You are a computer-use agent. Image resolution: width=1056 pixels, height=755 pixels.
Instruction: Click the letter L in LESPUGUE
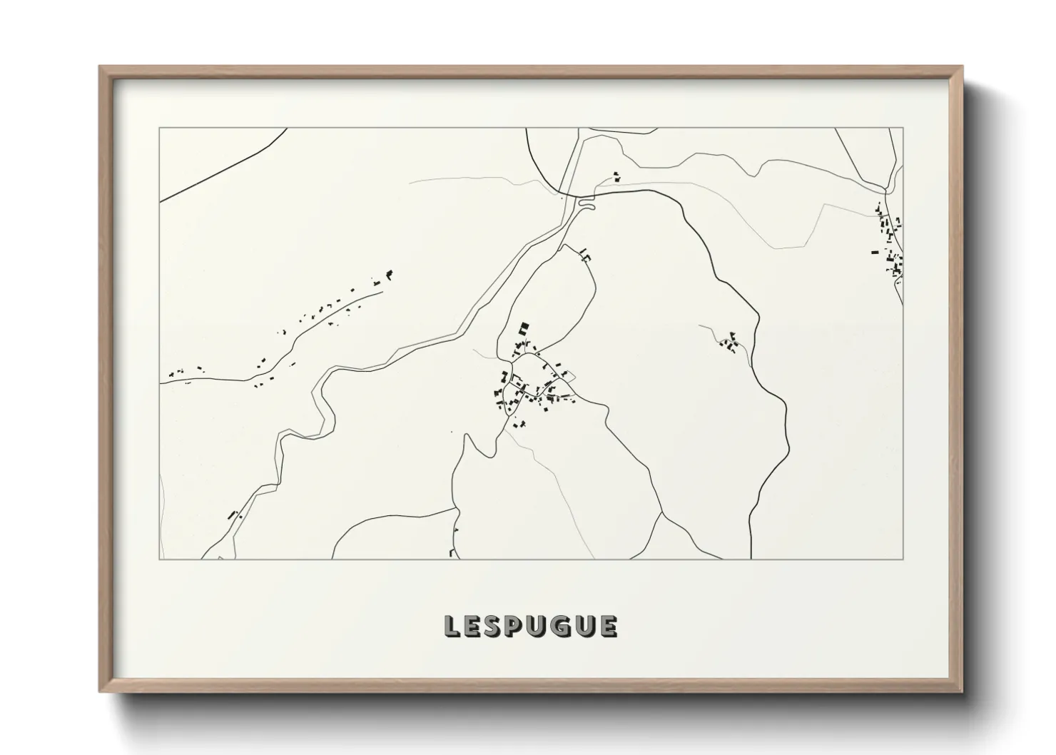[x=452, y=626]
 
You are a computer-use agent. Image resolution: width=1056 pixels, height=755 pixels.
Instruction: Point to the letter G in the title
[x=559, y=626]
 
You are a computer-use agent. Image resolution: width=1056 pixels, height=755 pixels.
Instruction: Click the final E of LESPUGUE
[x=608, y=626]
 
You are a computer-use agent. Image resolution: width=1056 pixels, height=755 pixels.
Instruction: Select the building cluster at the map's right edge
[x=889, y=243]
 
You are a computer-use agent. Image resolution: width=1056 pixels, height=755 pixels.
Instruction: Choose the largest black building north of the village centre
[x=524, y=329]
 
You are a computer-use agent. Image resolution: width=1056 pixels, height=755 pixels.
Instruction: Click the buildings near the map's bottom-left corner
[x=233, y=514]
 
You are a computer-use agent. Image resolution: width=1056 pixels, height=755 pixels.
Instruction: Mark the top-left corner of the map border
[x=159, y=128]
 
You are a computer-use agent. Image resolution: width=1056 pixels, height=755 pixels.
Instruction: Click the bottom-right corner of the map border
[x=903, y=559]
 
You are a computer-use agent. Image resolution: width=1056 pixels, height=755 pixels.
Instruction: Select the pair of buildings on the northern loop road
[x=586, y=253]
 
